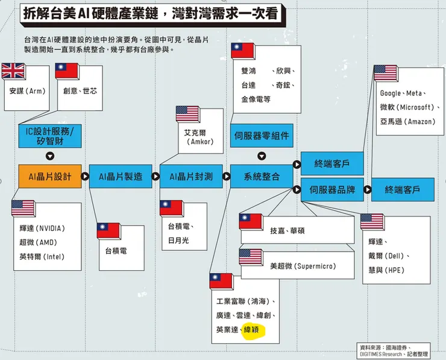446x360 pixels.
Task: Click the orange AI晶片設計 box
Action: (50, 177)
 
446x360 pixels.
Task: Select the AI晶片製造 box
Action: (121, 177)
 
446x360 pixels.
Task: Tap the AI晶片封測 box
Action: (191, 177)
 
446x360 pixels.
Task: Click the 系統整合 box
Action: (262, 177)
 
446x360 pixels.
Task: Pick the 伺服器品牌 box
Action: (332, 189)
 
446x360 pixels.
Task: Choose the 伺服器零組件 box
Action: (262, 136)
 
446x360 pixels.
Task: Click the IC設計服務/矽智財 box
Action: (50, 136)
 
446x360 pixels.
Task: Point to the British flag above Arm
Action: (13, 71)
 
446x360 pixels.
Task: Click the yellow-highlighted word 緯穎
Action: (251, 330)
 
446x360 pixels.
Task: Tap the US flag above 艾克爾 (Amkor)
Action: (187, 114)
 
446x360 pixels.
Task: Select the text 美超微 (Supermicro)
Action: (303, 266)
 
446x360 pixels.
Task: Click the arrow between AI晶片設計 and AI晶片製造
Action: (85, 177)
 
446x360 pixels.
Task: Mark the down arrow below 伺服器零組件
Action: (262, 156)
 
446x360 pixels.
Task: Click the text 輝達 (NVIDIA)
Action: (42, 228)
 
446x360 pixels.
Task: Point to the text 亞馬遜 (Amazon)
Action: (407, 122)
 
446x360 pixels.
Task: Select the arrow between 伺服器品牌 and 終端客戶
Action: (368, 189)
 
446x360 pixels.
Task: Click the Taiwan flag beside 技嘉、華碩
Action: (251, 221)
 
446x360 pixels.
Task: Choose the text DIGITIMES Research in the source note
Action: (381, 355)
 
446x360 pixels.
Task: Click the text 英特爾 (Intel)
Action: (42, 257)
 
